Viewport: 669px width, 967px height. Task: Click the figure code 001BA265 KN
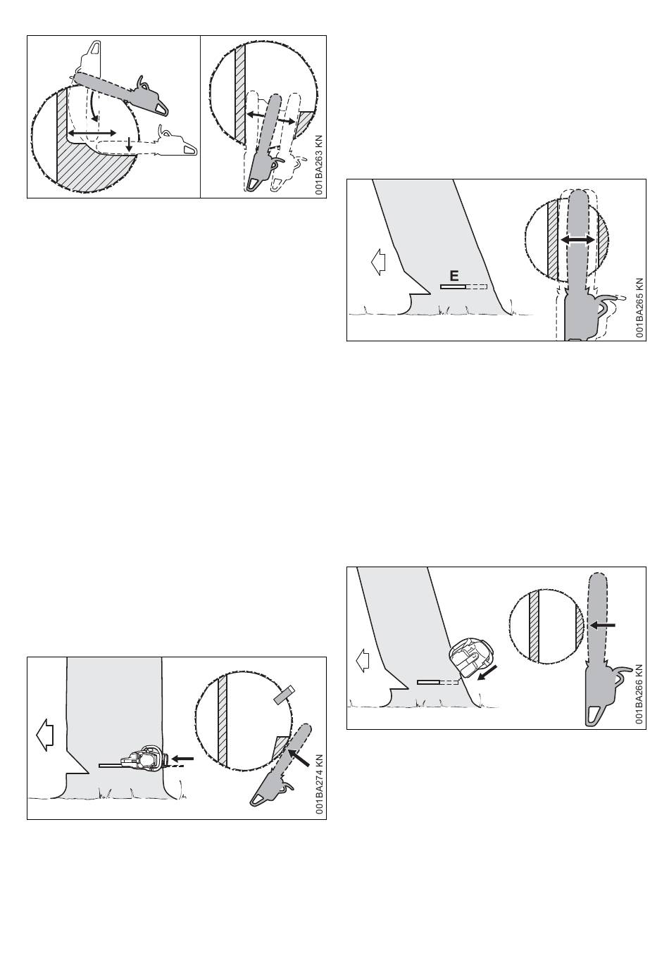[x=639, y=308]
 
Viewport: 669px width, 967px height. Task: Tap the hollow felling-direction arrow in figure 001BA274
[x=44, y=736]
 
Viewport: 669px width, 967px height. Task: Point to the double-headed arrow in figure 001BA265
[x=577, y=239]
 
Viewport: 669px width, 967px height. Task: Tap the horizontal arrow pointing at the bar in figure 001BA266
[x=603, y=625]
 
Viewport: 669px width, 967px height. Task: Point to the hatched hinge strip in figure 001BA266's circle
[x=534, y=626]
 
